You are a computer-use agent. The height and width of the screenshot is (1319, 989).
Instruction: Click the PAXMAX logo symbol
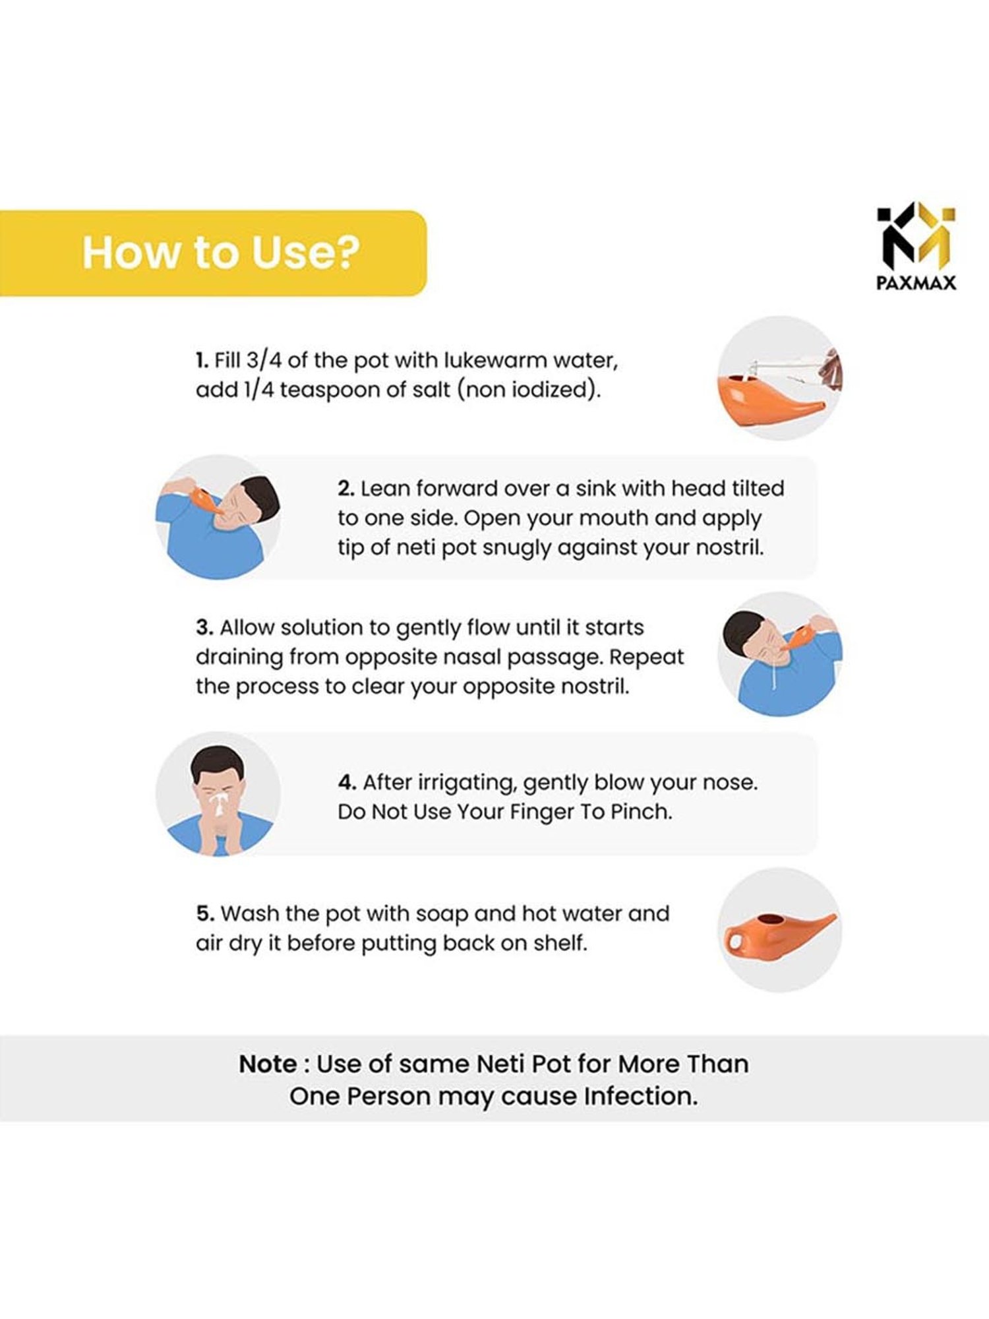click(x=916, y=237)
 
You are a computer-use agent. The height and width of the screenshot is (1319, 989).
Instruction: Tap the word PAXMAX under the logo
click(x=916, y=283)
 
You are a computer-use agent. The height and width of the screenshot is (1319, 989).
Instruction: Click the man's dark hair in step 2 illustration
click(x=258, y=497)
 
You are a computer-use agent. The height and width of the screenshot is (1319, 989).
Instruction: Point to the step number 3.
click(x=204, y=627)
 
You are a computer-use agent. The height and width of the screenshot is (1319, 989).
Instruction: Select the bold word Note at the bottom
click(x=268, y=1064)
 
